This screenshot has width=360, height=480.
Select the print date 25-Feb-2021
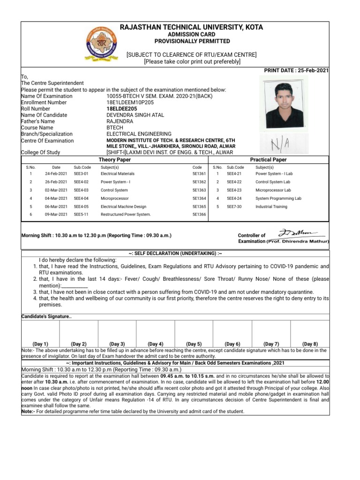(297, 70)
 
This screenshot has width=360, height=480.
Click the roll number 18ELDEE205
(121, 108)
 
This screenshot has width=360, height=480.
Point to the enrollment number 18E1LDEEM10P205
(130, 102)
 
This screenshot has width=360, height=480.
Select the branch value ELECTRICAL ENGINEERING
(139, 134)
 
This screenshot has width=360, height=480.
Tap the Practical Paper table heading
(269, 160)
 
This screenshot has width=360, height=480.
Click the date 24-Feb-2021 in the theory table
(56, 173)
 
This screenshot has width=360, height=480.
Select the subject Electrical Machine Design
(123, 206)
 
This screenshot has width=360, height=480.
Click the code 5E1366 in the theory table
(199, 214)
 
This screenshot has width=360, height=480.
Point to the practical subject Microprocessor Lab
(273, 190)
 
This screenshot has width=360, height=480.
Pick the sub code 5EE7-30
(234, 206)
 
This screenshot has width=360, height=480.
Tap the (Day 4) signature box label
(155, 344)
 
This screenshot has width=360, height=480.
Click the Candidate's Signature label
(46, 317)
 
